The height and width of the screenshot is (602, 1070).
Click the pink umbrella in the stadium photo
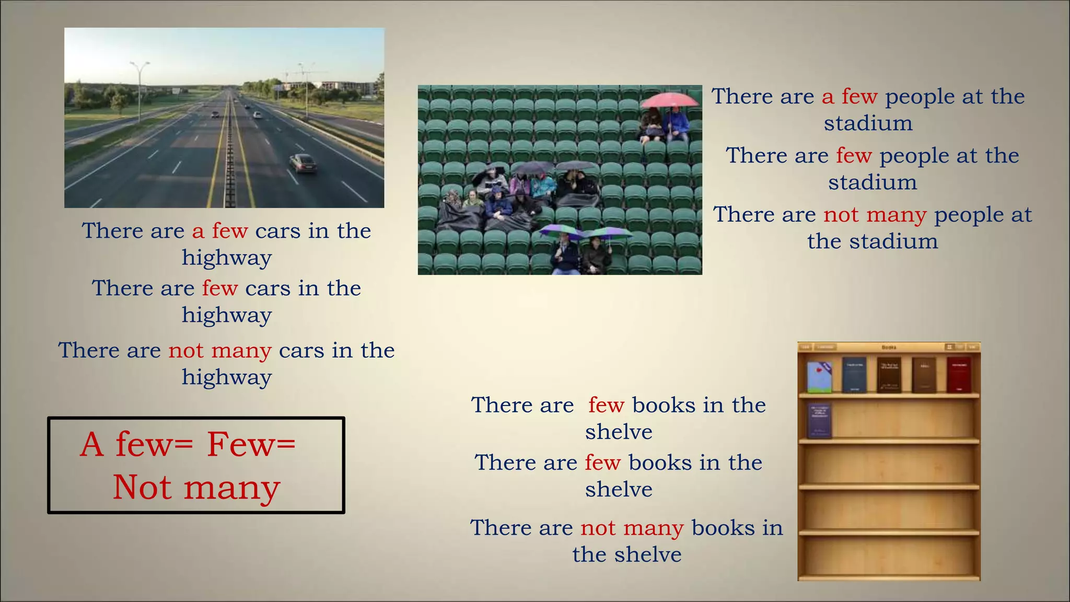click(669, 99)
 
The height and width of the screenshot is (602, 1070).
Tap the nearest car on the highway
click(303, 163)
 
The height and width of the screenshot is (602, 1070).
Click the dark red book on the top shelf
click(959, 374)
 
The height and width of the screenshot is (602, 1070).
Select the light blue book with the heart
click(819, 377)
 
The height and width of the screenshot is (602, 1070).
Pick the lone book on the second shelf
click(819, 420)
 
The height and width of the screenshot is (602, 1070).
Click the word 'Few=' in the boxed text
click(251, 445)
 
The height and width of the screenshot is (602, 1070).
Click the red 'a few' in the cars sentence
click(220, 231)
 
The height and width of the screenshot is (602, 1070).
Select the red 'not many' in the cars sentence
click(220, 351)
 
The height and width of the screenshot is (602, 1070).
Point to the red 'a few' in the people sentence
click(850, 97)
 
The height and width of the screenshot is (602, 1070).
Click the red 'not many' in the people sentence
click(875, 215)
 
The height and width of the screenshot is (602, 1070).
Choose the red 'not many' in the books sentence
click(632, 528)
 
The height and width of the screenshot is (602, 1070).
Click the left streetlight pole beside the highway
click(139, 94)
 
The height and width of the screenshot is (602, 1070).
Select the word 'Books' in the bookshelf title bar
click(889, 347)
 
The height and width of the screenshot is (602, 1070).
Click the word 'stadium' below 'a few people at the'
click(868, 124)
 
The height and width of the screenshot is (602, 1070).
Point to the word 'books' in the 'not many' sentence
click(723, 528)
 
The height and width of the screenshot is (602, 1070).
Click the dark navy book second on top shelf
click(854, 374)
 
